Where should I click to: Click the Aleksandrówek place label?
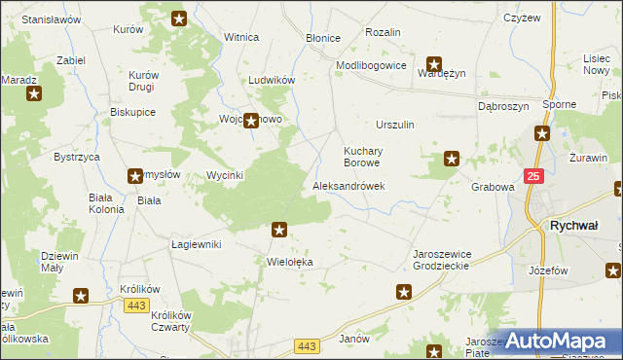348,186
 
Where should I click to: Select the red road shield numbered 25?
532,175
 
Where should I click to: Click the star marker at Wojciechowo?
250,121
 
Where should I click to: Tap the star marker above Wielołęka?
279,230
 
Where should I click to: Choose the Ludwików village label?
272,80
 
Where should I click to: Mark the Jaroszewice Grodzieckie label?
441,260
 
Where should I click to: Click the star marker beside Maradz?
34,93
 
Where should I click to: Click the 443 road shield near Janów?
307,346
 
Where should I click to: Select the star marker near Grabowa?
452,158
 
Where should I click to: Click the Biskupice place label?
133,112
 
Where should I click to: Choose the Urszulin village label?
395,125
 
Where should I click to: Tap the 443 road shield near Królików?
136,306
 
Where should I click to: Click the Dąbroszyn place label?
502,106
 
